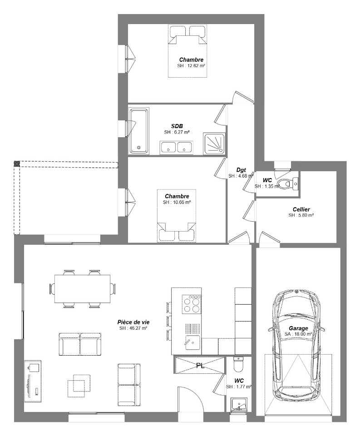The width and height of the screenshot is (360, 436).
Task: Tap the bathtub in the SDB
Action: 139,131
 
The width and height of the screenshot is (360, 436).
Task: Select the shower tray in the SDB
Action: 214,143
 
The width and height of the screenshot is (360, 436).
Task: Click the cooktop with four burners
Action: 192,304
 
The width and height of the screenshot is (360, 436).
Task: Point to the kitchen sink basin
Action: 192,342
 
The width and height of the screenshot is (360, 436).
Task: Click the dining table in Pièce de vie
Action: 82,289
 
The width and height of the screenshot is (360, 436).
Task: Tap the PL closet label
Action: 200,366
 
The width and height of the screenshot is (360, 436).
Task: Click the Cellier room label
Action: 301,209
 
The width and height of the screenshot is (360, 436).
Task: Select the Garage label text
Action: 298,328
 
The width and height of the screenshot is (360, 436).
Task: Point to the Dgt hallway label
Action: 241,170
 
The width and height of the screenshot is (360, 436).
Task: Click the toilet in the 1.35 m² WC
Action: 288,184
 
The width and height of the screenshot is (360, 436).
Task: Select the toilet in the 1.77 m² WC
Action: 238,365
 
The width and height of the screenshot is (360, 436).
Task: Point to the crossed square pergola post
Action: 17,163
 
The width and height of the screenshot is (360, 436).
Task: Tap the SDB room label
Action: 177,126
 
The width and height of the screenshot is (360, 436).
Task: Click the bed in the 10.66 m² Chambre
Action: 177,216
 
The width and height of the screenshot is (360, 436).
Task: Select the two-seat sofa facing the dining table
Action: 80,344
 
